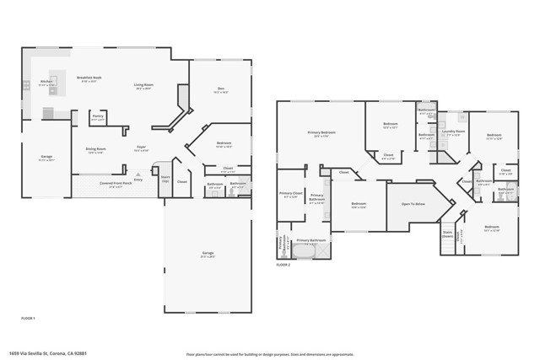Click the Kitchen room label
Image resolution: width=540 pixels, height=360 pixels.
(x=46, y=82)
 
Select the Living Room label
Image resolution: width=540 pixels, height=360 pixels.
(x=143, y=84)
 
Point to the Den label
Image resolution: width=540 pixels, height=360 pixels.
(x=220, y=91)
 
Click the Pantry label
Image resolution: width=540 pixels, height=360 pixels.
(x=97, y=116)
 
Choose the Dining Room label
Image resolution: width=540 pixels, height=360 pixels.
(x=94, y=150)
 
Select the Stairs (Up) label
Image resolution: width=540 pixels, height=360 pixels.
(x=165, y=180)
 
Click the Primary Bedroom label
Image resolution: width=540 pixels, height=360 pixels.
(x=321, y=133)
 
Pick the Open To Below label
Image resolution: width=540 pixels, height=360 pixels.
(x=413, y=203)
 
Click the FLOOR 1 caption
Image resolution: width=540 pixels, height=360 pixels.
(x=28, y=318)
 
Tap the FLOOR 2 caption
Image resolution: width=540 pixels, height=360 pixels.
(x=283, y=265)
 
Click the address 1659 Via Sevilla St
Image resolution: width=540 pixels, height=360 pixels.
(x=47, y=353)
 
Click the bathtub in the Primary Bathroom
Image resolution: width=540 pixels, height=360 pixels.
(x=310, y=250)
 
